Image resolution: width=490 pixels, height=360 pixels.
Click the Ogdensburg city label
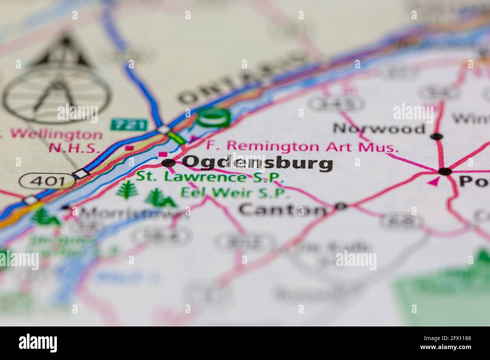point(257,163)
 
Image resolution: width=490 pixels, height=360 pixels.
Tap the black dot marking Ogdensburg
point(168,163)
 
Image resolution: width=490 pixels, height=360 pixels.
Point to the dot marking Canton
point(341,206)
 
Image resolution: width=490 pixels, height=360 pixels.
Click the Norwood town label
point(379,129)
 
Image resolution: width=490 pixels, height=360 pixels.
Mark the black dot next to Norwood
point(436,136)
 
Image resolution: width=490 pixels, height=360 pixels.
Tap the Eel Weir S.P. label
point(235,192)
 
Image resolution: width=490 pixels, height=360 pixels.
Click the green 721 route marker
point(123,125)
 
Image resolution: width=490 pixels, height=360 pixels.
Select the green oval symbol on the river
point(213,117)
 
